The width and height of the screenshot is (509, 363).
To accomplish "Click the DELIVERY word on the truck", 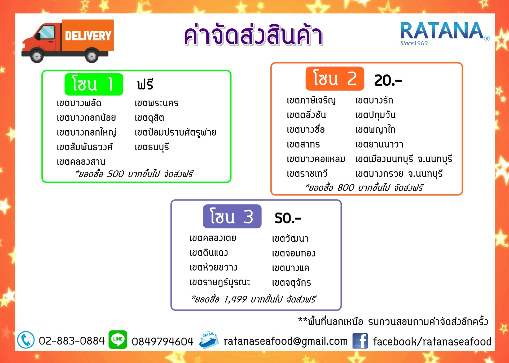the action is tap(88, 36).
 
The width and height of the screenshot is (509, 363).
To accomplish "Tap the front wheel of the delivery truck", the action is tap(37, 56).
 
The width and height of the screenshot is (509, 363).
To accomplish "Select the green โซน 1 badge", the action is tap(94, 84).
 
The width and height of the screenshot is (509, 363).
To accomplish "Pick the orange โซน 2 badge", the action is tap(335, 79).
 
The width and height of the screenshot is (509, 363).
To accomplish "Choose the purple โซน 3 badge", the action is tap(232, 216).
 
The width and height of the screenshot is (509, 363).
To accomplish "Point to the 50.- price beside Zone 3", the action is tap(288, 218).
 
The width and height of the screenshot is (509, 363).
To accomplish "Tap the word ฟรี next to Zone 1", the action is tap(145, 84).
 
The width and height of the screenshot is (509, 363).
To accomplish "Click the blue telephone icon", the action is tap(26, 340).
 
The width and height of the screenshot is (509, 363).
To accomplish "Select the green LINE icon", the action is tap(118, 339).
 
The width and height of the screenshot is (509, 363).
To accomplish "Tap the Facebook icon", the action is tap(360, 341).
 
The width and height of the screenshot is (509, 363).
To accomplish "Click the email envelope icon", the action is tap(209, 340).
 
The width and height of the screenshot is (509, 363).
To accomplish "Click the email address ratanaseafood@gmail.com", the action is tap(286, 342).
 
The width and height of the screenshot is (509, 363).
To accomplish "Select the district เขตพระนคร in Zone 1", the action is tap(156, 103).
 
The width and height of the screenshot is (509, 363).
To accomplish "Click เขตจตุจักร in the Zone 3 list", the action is tap(292, 282).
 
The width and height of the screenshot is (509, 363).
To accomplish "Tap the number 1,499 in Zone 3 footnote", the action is tap(235, 299).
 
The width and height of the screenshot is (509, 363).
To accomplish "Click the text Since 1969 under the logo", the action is tap(414, 43).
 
